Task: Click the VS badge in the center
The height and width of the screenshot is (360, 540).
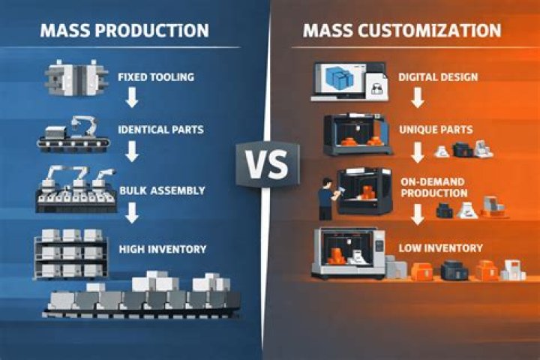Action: coord(268,164)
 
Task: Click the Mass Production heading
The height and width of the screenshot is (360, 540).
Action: coord(124,30)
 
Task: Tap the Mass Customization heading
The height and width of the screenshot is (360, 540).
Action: coord(402,30)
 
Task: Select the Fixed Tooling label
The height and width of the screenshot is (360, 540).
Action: coord(156,76)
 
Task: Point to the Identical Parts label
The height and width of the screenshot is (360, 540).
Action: coord(160,130)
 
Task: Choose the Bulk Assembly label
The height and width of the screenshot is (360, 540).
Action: coord(162,190)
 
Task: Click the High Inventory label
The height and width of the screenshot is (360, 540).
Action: coord(163,249)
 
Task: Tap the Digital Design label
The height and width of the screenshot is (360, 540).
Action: coord(438,76)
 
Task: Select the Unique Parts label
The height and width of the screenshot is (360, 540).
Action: coord(436,130)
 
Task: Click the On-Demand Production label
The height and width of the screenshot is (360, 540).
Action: coord(434,187)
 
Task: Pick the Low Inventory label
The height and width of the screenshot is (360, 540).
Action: coord(441,248)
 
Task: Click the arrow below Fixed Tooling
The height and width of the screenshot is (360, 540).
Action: coord(132,97)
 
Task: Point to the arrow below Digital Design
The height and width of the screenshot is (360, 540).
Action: coord(418,97)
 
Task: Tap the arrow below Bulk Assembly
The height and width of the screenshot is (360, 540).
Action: coord(132,212)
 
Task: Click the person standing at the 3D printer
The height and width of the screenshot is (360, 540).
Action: coord(326,199)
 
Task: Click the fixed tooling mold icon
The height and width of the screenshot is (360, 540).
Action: coord(76,77)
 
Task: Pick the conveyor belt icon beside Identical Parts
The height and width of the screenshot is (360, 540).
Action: coord(73,136)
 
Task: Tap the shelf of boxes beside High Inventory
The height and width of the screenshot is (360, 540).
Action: coord(70,254)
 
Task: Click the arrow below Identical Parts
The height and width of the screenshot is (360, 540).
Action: coord(132,152)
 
